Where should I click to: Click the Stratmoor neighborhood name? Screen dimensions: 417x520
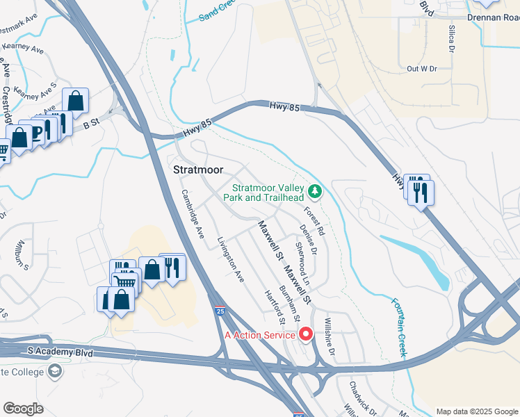click(x=197, y=169)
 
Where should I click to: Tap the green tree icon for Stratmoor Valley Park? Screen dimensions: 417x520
click(x=315, y=190)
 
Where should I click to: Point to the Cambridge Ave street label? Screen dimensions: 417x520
click(x=192, y=214)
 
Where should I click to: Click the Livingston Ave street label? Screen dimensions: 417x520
click(x=231, y=259)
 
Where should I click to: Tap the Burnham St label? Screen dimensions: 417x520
click(x=289, y=302)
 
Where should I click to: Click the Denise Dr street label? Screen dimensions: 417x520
click(x=308, y=237)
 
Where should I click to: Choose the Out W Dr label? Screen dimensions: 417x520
click(x=421, y=68)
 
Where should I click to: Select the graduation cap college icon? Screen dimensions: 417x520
click(x=54, y=371)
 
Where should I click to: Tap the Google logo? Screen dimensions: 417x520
click(x=23, y=409)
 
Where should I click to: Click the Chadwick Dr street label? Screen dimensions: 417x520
click(x=361, y=395)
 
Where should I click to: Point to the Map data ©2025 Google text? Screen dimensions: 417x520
click(x=477, y=411)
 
